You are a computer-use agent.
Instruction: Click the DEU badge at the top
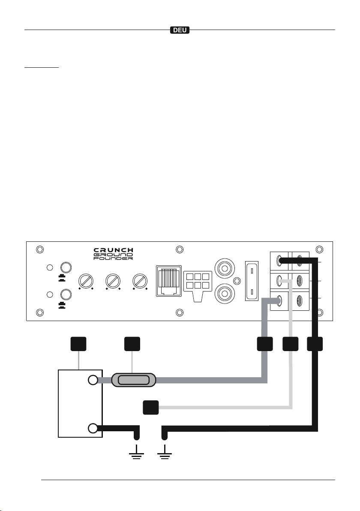180,30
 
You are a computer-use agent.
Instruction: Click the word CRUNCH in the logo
114,250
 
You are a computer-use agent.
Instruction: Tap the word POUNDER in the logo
114,259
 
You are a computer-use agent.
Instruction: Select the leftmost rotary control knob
86,281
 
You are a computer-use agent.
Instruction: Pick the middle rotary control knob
113,281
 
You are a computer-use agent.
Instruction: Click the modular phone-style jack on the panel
168,281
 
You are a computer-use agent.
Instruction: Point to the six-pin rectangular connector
198,285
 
